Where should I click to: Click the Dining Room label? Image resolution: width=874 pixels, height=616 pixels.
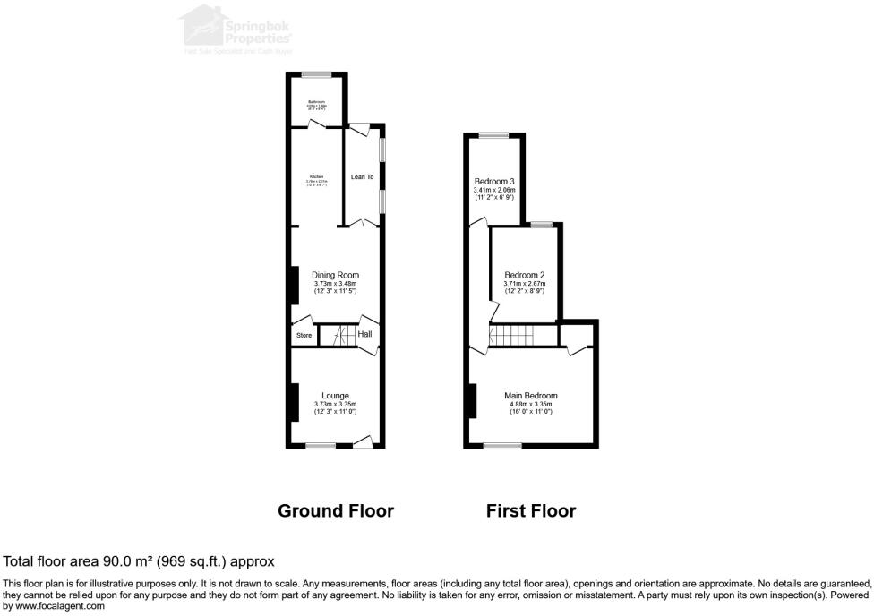[335, 275]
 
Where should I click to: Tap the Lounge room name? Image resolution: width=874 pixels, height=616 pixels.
[335, 396]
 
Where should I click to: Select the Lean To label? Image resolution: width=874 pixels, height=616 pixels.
[362, 177]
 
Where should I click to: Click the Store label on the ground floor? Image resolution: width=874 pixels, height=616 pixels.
[304, 336]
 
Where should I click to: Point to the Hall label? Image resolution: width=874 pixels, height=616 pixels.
[364, 335]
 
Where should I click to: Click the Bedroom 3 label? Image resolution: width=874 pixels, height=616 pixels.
[495, 182]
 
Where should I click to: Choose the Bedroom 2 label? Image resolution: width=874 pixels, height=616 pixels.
[524, 275]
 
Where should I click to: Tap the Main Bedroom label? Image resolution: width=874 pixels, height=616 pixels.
[530, 396]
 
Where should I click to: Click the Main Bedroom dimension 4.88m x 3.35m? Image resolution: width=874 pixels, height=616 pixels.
[530, 404]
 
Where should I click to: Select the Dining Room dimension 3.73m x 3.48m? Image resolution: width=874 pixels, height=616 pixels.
[335, 283]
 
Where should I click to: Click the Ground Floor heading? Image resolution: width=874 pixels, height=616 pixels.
[336, 511]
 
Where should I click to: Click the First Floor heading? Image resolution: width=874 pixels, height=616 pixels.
[530, 511]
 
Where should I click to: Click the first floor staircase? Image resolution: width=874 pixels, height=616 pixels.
[510, 336]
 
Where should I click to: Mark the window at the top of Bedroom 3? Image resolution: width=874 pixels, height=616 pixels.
[493, 135]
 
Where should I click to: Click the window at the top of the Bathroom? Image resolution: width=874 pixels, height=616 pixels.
[315, 74]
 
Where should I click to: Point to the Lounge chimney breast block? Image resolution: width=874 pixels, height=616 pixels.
[293, 401]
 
